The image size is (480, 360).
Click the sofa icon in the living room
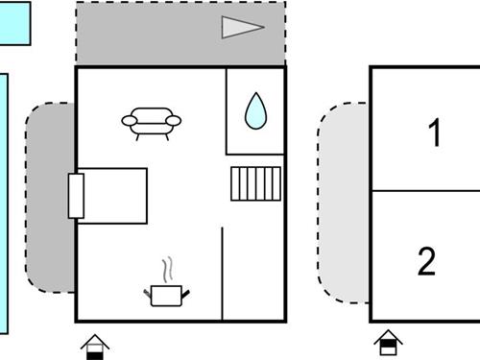152,122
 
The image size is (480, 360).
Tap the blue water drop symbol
256,110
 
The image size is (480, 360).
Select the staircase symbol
255,182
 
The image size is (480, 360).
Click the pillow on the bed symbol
76,195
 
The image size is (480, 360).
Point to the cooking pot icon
168,295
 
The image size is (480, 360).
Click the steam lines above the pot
169,268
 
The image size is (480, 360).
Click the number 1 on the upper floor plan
435,133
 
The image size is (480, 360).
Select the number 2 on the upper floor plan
427,260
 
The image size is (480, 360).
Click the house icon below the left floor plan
95,346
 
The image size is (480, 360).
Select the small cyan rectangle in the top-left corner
15,23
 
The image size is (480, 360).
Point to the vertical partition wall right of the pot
223,274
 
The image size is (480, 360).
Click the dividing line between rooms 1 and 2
424,190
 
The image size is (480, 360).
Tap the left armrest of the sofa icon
128,120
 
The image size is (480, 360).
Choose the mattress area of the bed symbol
115,195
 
